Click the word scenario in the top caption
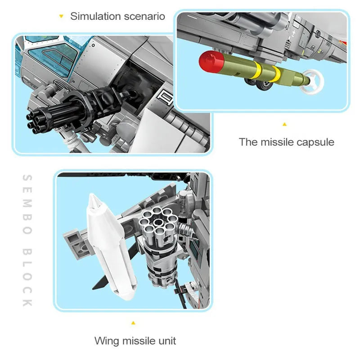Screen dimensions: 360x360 coord(144,16)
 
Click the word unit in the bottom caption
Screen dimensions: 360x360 coord(167,341)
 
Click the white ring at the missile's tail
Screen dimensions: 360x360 coord(313,82)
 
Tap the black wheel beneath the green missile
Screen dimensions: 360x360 coord(265,85)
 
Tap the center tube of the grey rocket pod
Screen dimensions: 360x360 coord(158,222)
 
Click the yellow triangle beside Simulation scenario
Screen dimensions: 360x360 coord(61,16)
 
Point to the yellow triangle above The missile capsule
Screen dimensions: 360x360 coord(284,125)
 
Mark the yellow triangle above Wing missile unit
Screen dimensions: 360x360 coord(133,323)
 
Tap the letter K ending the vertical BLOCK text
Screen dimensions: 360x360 coord(27,302)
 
